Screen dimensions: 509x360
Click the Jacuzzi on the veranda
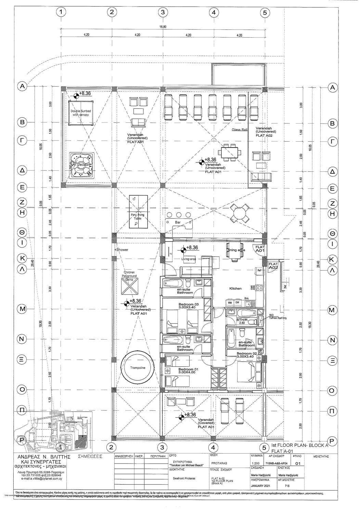(x=81, y=166)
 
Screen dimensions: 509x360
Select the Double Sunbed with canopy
(x=81, y=113)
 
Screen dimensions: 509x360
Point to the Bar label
(x=178, y=222)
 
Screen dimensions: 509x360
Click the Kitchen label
(x=235, y=289)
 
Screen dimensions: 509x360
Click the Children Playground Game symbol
(x=129, y=286)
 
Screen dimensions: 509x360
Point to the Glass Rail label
(x=239, y=130)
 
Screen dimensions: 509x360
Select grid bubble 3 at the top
(x=163, y=12)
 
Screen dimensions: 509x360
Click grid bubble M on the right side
(x=332, y=310)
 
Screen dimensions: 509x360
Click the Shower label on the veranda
(x=122, y=250)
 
